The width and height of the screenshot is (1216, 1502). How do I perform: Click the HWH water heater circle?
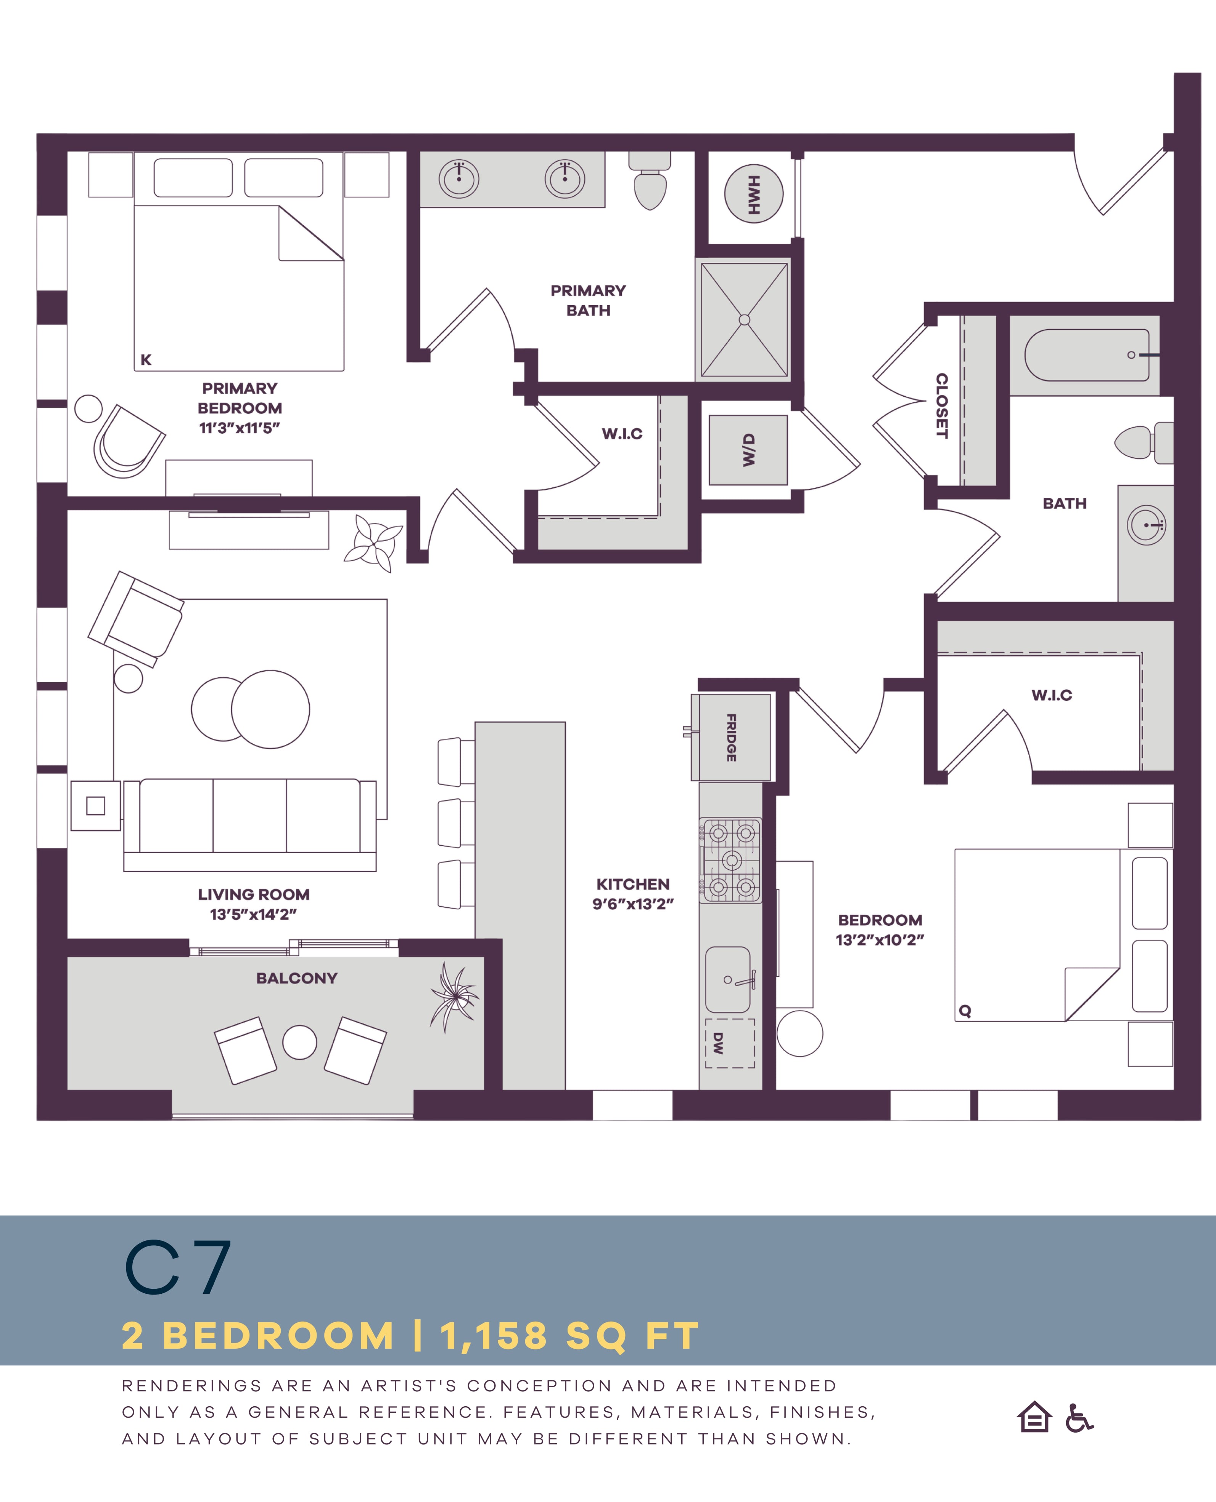tap(753, 194)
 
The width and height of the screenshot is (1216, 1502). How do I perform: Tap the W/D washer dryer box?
tap(748, 450)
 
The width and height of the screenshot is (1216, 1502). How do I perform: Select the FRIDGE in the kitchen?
tap(730, 737)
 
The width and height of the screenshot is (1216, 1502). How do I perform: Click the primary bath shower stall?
tap(745, 320)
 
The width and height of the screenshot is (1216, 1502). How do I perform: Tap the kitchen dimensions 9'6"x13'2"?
tap(633, 904)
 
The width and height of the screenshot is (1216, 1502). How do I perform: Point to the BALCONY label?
tap(297, 978)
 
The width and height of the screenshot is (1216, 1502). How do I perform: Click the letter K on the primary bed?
tap(146, 360)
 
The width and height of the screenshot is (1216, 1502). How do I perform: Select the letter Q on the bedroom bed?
tap(965, 1011)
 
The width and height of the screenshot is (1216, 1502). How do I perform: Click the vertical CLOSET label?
tap(942, 406)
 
